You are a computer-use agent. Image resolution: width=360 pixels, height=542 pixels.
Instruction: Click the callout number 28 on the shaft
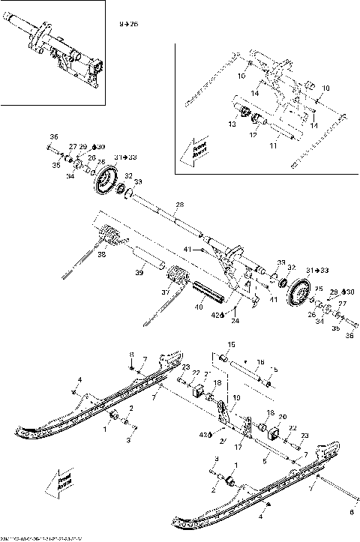click(x=179, y=204)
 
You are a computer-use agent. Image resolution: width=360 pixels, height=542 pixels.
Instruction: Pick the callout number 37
click(x=166, y=292)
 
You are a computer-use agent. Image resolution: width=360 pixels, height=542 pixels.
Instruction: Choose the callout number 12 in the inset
click(x=253, y=135)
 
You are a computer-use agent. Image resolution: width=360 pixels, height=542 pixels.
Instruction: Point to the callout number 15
click(x=231, y=344)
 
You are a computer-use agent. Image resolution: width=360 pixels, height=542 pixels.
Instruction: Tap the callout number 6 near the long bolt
click(x=349, y=513)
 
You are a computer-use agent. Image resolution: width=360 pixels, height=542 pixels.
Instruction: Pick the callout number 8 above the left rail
click(x=132, y=355)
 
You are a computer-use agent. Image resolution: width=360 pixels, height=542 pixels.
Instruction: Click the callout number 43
click(x=201, y=434)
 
